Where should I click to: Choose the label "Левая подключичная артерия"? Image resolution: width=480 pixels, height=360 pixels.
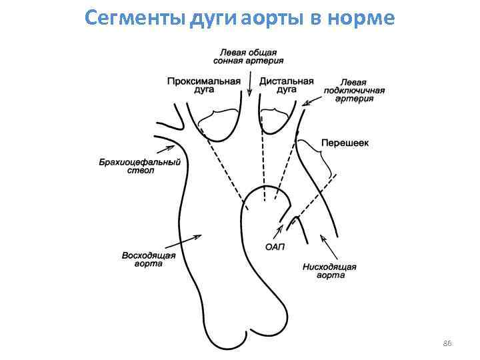(x=355, y=90)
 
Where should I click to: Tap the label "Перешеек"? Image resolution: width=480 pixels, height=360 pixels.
(x=345, y=143)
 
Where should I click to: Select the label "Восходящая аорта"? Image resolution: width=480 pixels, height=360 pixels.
(x=149, y=259)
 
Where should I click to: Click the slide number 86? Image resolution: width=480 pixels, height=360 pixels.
(x=447, y=343)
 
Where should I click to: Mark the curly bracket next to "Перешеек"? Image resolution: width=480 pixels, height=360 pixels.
(x=323, y=160)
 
